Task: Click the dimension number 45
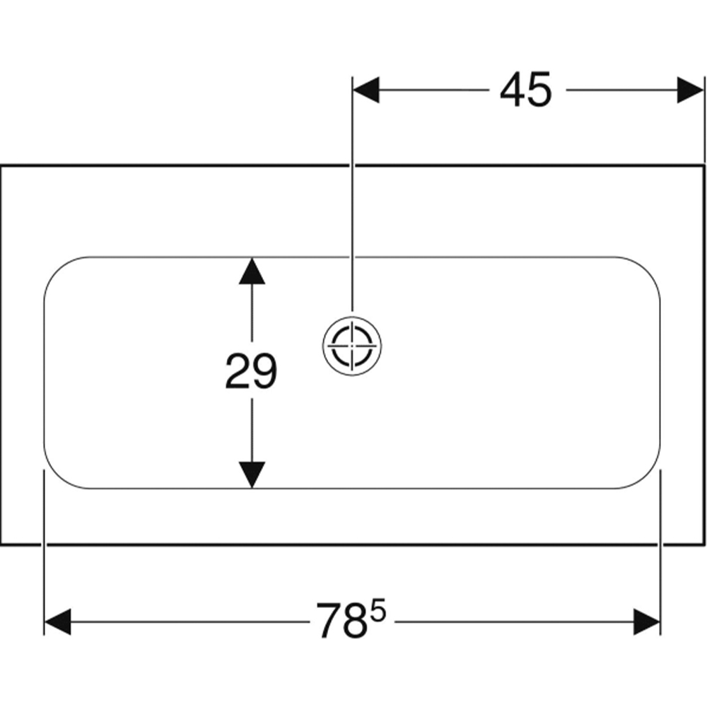click(525, 90)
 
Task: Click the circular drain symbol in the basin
click(352, 346)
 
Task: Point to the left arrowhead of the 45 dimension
click(366, 90)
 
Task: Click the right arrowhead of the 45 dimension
click(690, 90)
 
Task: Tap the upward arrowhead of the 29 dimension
click(252, 271)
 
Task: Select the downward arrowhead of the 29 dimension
click(252, 475)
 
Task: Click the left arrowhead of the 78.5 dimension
click(58, 621)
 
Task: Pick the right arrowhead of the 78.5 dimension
click(647, 621)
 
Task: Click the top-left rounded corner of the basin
click(57, 269)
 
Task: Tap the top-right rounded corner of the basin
click(648, 269)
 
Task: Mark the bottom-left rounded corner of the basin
click(57, 476)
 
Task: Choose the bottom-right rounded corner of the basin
click(648, 476)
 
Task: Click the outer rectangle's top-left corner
click(1, 166)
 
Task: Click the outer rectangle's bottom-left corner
click(1, 544)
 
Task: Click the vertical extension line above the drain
click(352, 194)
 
